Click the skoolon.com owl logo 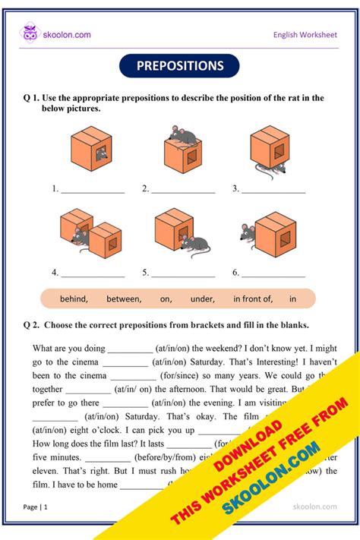tap(30, 33)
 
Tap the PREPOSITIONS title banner tap(179, 66)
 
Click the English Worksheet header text tap(305, 34)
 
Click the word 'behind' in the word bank tap(74, 299)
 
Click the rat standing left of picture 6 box tap(248, 233)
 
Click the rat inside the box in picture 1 tap(102, 156)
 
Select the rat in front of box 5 tap(196, 244)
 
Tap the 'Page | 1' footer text tap(36, 506)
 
